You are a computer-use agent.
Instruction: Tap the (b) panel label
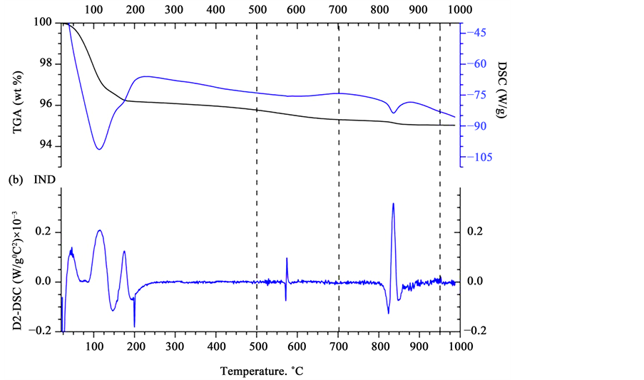pos(15,180)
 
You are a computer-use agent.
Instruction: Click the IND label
pos(44,180)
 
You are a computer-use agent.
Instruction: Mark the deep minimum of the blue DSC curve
pos(99,149)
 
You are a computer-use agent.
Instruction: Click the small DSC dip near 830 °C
pos(393,113)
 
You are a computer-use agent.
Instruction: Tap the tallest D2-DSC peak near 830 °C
pos(393,204)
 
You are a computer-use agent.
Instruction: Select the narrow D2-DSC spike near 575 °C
pos(287,259)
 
